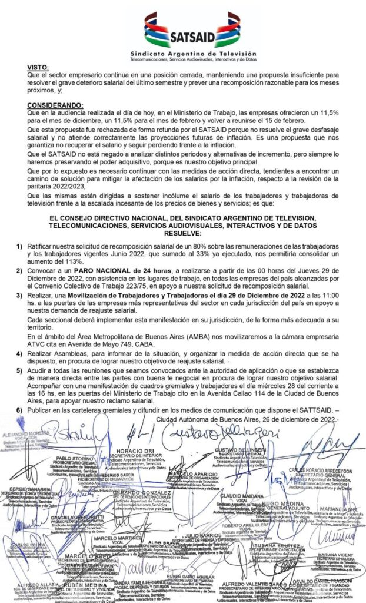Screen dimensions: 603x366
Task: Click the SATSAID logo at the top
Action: (x=192, y=32)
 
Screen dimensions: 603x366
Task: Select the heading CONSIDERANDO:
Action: (x=64, y=105)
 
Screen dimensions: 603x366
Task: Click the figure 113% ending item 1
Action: (x=70, y=260)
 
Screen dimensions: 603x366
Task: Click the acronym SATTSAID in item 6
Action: (x=307, y=409)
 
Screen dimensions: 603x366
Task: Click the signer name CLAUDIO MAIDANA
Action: (x=227, y=496)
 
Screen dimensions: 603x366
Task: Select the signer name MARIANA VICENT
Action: (x=332, y=555)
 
